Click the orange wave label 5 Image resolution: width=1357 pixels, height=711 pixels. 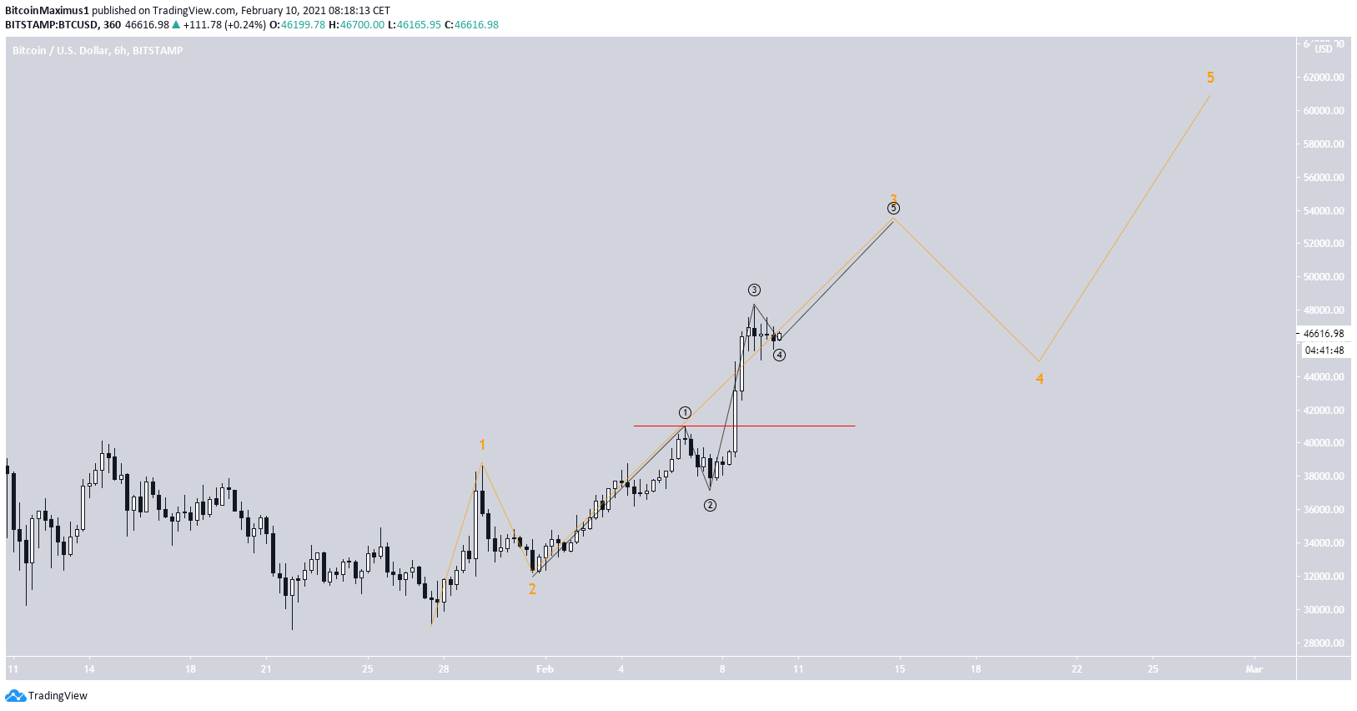pyautogui.click(x=1210, y=78)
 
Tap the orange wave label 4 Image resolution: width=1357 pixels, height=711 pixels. pyautogui.click(x=1039, y=379)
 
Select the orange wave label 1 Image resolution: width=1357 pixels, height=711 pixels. pyautogui.click(x=482, y=446)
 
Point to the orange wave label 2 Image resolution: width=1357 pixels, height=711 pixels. pyautogui.click(x=532, y=589)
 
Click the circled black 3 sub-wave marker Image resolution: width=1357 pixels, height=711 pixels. pyautogui.click(x=754, y=290)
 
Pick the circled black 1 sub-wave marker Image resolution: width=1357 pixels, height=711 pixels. pyautogui.click(x=685, y=413)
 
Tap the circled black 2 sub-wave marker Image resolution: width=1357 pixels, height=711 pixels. pyautogui.click(x=710, y=505)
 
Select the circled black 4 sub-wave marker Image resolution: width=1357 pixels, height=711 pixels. pyautogui.click(x=779, y=355)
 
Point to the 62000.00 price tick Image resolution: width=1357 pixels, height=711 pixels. pyautogui.click(x=1324, y=78)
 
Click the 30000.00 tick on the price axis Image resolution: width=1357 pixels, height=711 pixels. pyautogui.click(x=1324, y=610)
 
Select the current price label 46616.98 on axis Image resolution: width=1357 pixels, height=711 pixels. pyautogui.click(x=1324, y=334)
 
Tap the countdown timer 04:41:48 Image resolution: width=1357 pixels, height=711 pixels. pyautogui.click(x=1324, y=350)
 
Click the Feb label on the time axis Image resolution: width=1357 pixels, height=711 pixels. pyautogui.click(x=545, y=669)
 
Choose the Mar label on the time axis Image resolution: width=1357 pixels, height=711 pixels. pyautogui.click(x=1254, y=669)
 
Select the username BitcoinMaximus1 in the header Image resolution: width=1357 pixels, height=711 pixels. pyautogui.click(x=47, y=11)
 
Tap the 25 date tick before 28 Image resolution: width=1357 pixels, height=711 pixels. pyautogui.click(x=368, y=669)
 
